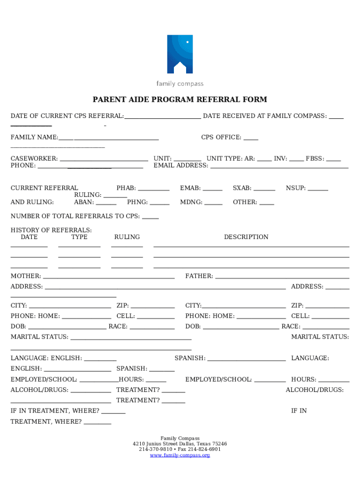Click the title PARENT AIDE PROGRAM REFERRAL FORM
[180, 100]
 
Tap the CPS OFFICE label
[221, 138]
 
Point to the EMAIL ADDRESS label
[180, 166]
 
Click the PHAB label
[126, 189]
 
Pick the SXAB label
[242, 189]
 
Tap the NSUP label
[295, 189]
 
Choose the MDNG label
[191, 203]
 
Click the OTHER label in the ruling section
[245, 203]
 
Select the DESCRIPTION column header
[246, 237]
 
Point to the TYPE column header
[79, 237]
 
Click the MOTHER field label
[26, 276]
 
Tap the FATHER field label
[199, 276]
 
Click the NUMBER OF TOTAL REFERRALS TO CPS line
[75, 217]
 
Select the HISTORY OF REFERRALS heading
[51, 230]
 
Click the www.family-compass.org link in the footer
[180, 455]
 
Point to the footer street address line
[180, 444]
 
